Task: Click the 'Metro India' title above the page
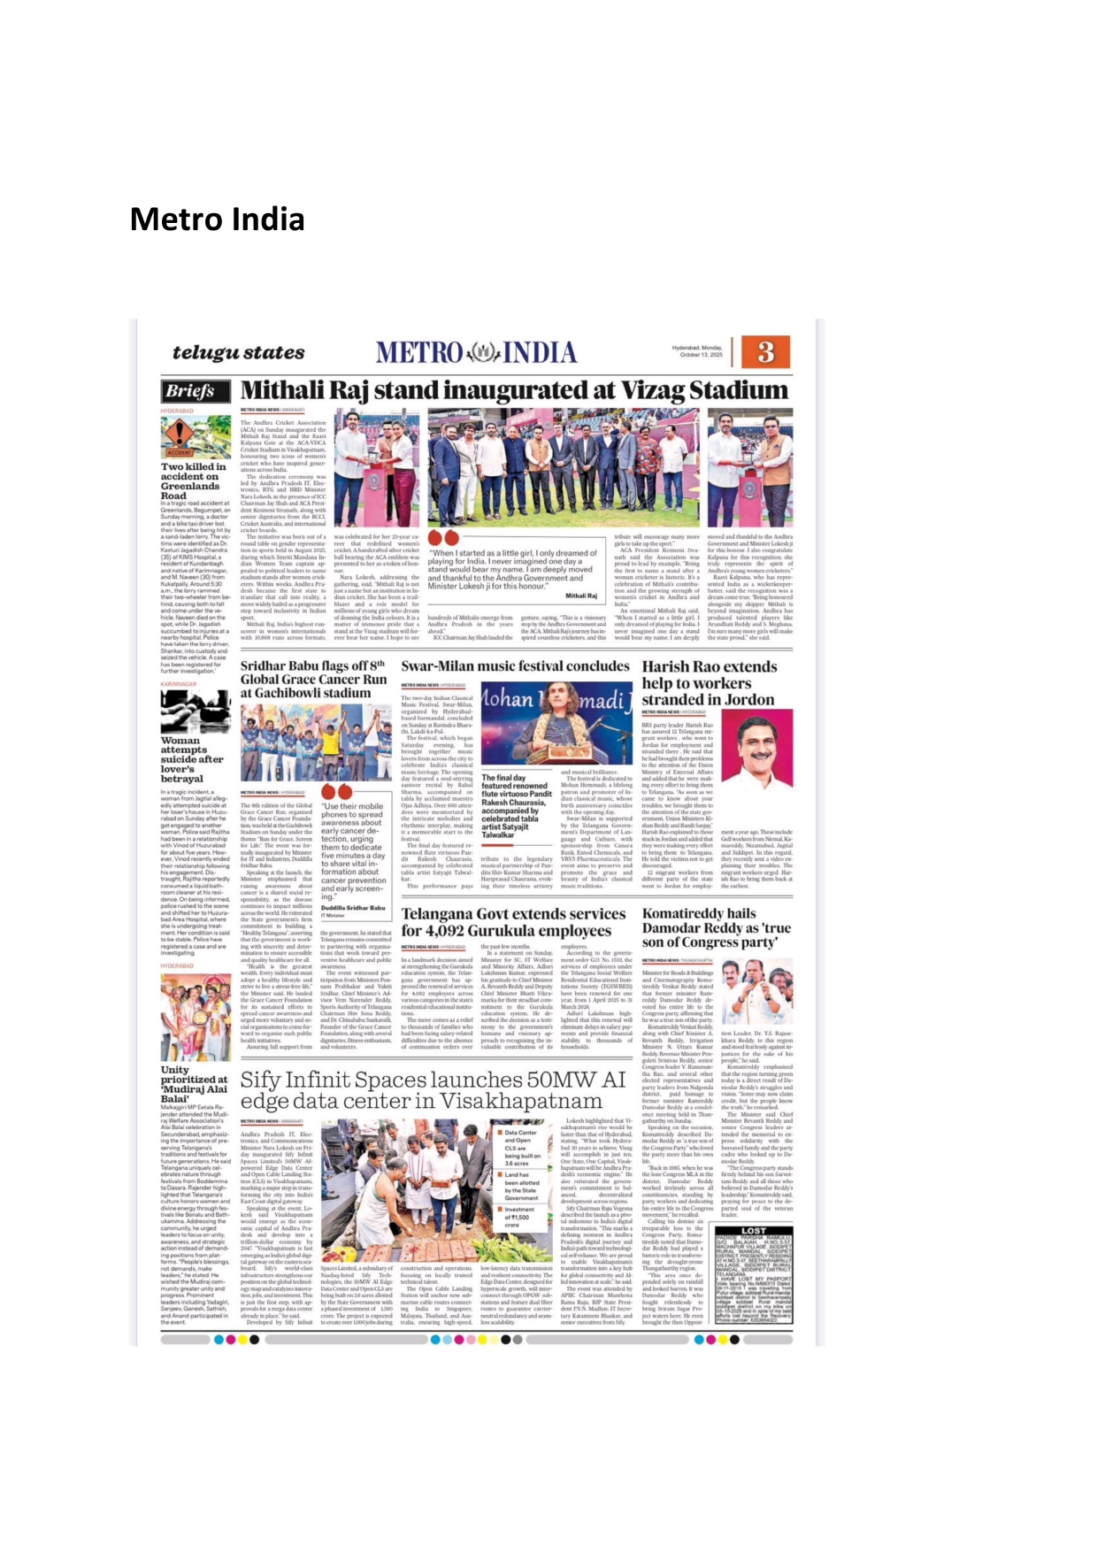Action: (x=217, y=219)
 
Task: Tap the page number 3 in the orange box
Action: (x=765, y=352)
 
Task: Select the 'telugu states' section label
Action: (x=238, y=352)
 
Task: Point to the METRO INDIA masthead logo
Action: (x=476, y=352)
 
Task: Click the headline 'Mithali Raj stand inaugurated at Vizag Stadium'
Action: (x=514, y=390)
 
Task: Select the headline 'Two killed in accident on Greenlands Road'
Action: (x=193, y=481)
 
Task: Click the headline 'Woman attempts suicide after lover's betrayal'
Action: (x=191, y=759)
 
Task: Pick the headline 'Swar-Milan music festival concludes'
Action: (x=515, y=666)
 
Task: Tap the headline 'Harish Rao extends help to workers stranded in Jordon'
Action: (x=709, y=683)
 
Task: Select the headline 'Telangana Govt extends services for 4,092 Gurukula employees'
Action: (x=513, y=921)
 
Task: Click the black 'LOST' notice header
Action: (x=754, y=1230)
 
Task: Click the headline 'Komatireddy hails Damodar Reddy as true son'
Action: (x=716, y=927)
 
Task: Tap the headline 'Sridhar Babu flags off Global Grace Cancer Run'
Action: (x=314, y=679)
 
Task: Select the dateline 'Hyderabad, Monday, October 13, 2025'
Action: (x=697, y=351)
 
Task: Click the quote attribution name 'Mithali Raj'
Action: (x=581, y=596)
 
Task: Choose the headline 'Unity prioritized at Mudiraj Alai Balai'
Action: (x=194, y=1084)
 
